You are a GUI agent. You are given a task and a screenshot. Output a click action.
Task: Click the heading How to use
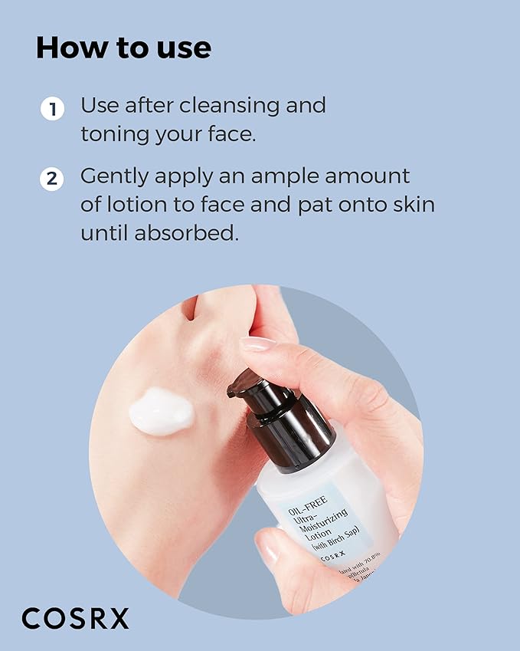point(123,48)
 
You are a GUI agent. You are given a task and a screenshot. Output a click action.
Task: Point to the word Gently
point(115,177)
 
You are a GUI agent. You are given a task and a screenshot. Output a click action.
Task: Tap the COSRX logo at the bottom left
point(75,618)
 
